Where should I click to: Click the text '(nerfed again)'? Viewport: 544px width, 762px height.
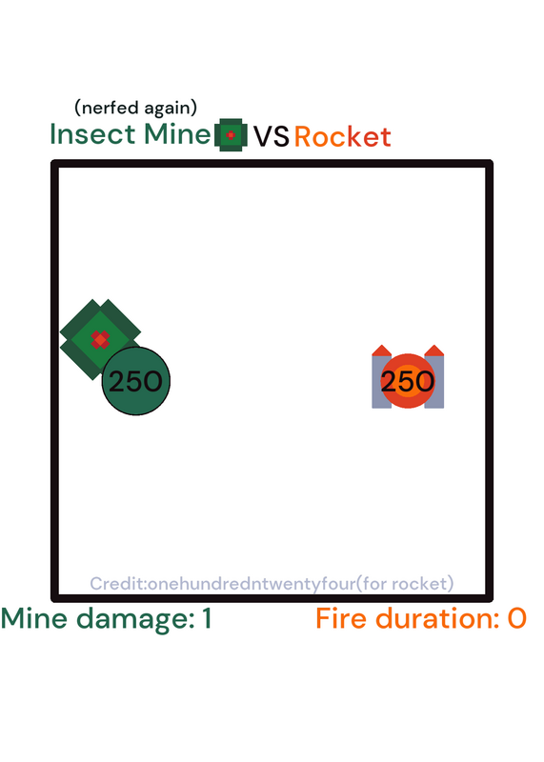(135, 108)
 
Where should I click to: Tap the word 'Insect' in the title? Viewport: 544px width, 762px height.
(92, 134)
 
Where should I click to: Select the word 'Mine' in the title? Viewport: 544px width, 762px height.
(177, 134)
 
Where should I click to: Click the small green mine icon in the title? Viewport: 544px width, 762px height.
(231, 135)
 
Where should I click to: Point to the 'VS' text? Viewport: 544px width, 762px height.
(272, 136)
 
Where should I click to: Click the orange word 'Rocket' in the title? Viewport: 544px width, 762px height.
(343, 136)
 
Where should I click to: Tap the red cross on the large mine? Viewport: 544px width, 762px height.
(100, 340)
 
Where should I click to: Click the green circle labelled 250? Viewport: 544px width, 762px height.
(136, 381)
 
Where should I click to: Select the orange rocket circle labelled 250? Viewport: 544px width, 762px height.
(408, 381)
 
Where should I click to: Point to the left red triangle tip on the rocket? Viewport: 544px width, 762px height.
(382, 345)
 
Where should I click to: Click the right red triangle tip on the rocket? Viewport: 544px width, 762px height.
(434, 345)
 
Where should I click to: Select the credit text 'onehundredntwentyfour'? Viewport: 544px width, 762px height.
(252, 583)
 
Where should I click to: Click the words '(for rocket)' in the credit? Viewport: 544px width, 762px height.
(405, 583)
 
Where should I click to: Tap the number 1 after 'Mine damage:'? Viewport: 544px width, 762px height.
(207, 618)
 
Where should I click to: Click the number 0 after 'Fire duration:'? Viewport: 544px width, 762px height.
(516, 618)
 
